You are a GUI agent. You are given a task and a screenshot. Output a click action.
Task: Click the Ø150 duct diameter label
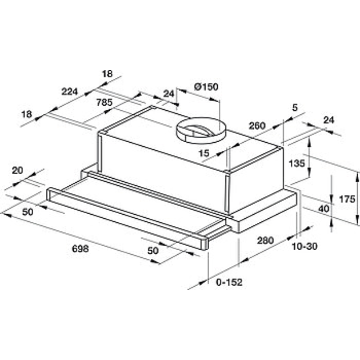click(206, 87)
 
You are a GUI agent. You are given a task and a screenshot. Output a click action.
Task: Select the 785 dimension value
click(104, 103)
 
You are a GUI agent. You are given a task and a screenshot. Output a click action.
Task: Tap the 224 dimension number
click(70, 91)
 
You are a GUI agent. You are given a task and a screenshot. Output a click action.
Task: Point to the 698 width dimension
click(81, 248)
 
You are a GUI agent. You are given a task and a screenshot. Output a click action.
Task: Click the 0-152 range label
click(229, 282)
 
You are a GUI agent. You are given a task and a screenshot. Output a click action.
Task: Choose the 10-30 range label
click(305, 246)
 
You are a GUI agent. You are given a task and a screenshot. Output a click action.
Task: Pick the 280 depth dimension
click(265, 240)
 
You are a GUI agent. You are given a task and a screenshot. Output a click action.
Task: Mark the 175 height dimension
click(347, 199)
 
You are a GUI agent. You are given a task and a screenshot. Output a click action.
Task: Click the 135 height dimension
click(297, 163)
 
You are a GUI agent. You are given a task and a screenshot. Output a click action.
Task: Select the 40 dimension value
click(324, 209)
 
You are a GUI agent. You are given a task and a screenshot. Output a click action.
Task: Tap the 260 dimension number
click(257, 126)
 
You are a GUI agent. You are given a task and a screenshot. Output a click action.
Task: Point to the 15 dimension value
click(204, 153)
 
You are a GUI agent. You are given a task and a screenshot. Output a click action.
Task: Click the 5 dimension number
click(295, 108)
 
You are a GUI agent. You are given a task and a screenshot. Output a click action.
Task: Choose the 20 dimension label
click(18, 171)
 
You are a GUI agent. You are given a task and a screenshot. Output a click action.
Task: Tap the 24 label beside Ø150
click(169, 94)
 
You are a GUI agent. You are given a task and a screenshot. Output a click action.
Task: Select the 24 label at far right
click(329, 120)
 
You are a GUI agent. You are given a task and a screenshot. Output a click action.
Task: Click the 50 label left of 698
click(27, 211)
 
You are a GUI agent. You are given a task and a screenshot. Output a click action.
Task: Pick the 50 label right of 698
click(153, 251)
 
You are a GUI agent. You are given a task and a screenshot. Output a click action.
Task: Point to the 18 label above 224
click(107, 74)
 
